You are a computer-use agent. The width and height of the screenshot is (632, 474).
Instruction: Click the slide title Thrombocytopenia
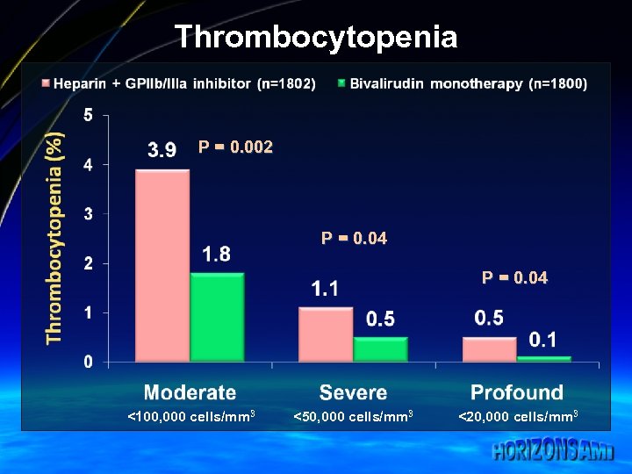click(316, 37)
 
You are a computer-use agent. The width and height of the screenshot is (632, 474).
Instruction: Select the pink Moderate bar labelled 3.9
click(162, 265)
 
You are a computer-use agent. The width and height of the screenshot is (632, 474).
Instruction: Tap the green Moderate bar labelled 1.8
click(217, 317)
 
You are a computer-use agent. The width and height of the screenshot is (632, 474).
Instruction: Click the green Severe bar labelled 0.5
click(380, 348)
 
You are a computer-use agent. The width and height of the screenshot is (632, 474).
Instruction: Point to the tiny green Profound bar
click(543, 358)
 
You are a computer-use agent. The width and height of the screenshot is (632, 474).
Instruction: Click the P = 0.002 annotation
click(235, 147)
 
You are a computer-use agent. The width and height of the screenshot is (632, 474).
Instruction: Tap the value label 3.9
click(162, 150)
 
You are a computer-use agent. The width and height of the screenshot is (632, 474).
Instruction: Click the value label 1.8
click(216, 255)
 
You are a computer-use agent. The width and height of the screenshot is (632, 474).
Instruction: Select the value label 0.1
click(542, 340)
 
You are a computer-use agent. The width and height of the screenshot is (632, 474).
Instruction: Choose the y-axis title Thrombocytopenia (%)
click(55, 237)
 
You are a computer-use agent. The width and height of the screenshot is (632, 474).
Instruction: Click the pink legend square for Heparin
click(46, 83)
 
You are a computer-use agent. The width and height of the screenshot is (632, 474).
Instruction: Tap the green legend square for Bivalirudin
click(341, 83)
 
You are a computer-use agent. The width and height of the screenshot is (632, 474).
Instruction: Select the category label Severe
click(353, 392)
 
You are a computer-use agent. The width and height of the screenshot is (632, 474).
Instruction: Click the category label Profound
click(517, 392)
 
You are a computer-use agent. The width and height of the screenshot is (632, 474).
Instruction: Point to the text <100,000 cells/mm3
click(190, 416)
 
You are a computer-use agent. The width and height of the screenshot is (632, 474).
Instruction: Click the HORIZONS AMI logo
click(553, 451)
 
